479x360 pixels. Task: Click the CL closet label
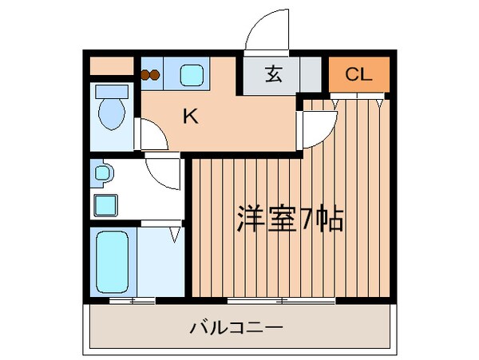tap(358, 74)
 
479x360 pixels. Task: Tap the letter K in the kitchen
tap(191, 117)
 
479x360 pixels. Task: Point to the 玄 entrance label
tap(273, 74)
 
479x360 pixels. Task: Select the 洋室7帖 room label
tap(291, 220)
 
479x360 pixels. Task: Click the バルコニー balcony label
tap(236, 327)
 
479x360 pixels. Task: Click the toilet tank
tap(112, 92)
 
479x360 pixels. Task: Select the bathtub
tap(112, 262)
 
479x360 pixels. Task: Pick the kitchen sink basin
tap(192, 75)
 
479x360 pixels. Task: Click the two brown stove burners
tap(150, 75)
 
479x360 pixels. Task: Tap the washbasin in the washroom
tap(103, 173)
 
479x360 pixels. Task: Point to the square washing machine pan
tap(105, 205)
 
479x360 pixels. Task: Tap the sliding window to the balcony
tap(281, 301)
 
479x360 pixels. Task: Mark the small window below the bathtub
tap(133, 301)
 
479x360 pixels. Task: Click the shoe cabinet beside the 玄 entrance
tap(311, 74)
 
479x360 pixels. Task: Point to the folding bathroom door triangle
tap(175, 235)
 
